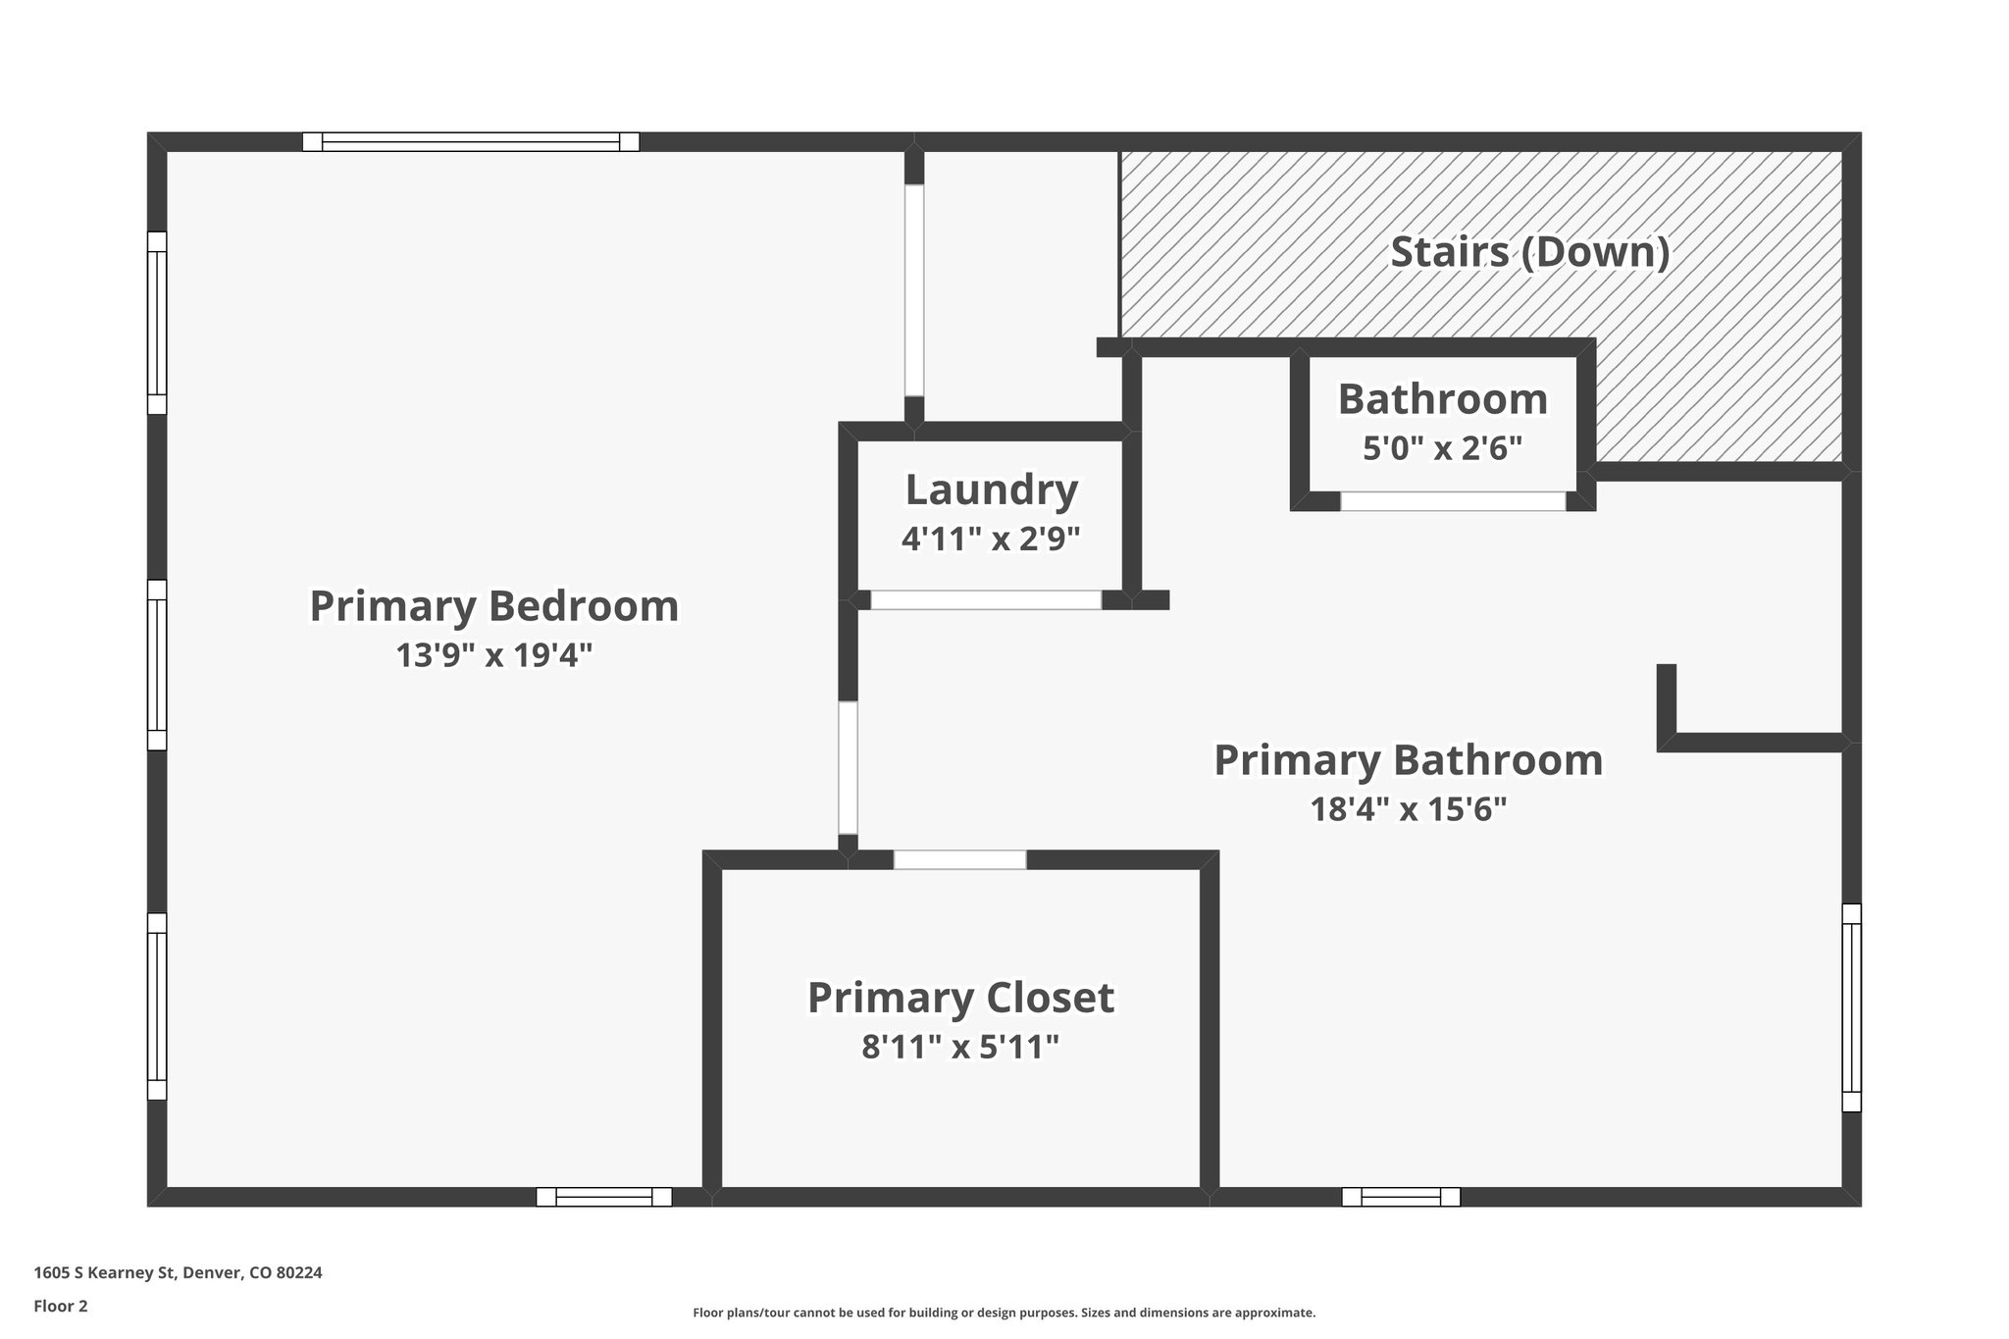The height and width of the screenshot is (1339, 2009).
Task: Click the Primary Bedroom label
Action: click(x=494, y=606)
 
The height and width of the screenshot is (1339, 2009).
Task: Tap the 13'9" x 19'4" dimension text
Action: click(x=494, y=655)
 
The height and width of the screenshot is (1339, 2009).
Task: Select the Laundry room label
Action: click(x=992, y=490)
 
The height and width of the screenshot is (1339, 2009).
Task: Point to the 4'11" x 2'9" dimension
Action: click(x=991, y=539)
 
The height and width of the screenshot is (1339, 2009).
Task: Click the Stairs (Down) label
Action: click(x=1530, y=252)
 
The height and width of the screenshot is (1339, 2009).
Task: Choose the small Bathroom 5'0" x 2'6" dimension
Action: click(x=1443, y=448)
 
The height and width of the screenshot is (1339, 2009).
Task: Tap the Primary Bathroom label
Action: click(x=1409, y=760)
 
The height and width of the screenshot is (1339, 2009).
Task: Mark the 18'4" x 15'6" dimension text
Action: click(x=1409, y=809)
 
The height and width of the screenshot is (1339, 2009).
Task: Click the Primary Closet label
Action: click(x=960, y=998)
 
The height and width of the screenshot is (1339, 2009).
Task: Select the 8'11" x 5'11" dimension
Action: click(x=960, y=1048)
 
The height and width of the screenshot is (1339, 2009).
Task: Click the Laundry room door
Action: click(x=986, y=600)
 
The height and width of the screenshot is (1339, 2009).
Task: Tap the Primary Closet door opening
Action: click(x=959, y=860)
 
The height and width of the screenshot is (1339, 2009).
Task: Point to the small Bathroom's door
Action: click(x=1453, y=501)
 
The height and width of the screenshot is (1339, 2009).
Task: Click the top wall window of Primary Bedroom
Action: click(x=471, y=142)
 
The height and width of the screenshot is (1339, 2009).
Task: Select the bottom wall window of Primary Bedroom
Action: click(x=604, y=1197)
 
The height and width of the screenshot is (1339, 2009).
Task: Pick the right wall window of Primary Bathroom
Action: click(x=1851, y=1007)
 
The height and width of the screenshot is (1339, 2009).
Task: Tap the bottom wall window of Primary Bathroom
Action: click(x=1401, y=1197)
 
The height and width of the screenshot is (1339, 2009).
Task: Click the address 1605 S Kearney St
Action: click(x=104, y=1273)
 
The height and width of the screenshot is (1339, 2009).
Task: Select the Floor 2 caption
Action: click(x=61, y=1306)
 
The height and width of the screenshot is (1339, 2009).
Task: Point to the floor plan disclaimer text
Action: click(x=1004, y=1313)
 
